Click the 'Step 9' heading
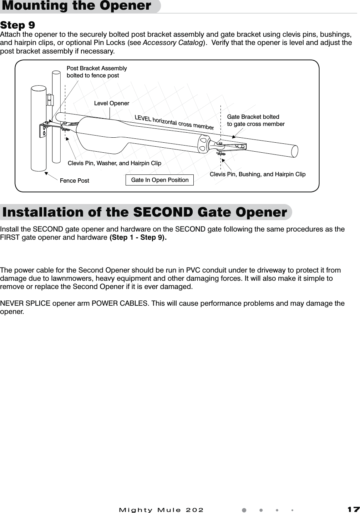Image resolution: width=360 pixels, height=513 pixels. point(17,25)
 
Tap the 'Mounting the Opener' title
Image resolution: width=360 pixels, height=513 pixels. point(77,6)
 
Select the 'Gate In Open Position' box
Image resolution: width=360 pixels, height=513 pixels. point(159,180)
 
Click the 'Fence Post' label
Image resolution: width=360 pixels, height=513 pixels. point(74,181)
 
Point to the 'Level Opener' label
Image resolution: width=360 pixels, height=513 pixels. point(111,103)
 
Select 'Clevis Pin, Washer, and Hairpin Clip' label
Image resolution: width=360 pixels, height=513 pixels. point(114,163)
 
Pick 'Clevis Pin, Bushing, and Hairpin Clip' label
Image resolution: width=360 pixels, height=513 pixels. point(257,174)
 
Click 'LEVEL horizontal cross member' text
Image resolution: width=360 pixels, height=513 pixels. point(174,122)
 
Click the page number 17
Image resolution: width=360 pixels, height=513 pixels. point(354,509)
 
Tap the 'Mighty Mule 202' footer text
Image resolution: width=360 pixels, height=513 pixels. point(161,510)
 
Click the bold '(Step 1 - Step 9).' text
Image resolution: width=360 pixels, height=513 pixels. point(138,238)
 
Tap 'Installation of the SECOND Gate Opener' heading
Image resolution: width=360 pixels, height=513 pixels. point(144,212)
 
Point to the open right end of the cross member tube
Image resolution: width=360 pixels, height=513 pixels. point(295,151)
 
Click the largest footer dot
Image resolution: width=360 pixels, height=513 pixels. point(244,510)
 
